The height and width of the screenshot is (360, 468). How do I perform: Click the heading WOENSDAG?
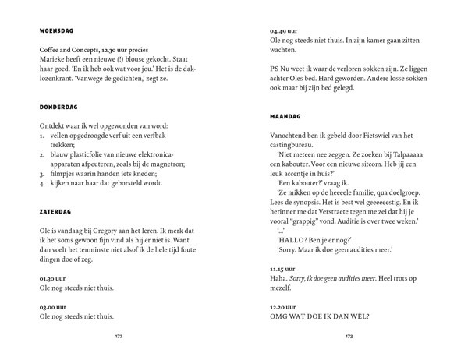(x=55, y=32)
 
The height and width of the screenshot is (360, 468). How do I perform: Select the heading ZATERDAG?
(x=54, y=211)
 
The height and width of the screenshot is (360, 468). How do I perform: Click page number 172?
(x=118, y=337)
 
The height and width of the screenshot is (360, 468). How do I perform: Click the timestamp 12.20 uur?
(x=282, y=305)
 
